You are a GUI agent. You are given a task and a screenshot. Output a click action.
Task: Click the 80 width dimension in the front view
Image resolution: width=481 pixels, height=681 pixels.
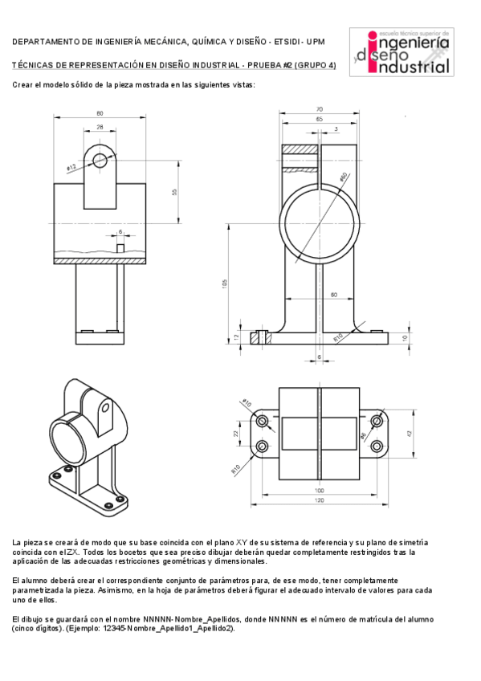click(100, 113)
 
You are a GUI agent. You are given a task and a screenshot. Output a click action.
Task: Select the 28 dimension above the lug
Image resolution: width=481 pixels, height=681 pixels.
click(100, 127)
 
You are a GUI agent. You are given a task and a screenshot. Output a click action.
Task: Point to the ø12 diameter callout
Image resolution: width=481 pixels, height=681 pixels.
click(71, 167)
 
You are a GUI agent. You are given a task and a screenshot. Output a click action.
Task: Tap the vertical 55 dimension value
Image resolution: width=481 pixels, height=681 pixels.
click(174, 191)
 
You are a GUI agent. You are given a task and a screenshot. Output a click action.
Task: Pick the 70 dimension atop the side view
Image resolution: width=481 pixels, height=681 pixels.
click(319, 109)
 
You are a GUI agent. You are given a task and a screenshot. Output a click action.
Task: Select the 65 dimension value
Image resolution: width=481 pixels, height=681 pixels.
click(319, 119)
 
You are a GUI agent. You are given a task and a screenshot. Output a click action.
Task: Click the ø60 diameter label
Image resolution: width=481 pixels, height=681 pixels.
click(343, 177)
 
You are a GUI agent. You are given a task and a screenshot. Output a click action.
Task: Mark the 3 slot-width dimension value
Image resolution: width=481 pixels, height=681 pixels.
click(335, 128)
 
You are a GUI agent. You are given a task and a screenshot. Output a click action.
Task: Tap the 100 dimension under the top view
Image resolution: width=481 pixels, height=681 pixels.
click(319, 490)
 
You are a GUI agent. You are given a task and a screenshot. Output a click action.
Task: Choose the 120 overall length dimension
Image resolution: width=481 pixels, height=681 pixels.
click(319, 500)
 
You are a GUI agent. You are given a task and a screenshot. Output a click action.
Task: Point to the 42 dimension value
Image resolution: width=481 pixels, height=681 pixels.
click(409, 434)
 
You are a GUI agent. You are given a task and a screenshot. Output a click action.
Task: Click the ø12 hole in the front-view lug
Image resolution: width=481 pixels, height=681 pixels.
click(100, 161)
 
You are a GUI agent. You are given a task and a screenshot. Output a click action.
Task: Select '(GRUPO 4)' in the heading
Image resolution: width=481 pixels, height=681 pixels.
click(315, 64)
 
